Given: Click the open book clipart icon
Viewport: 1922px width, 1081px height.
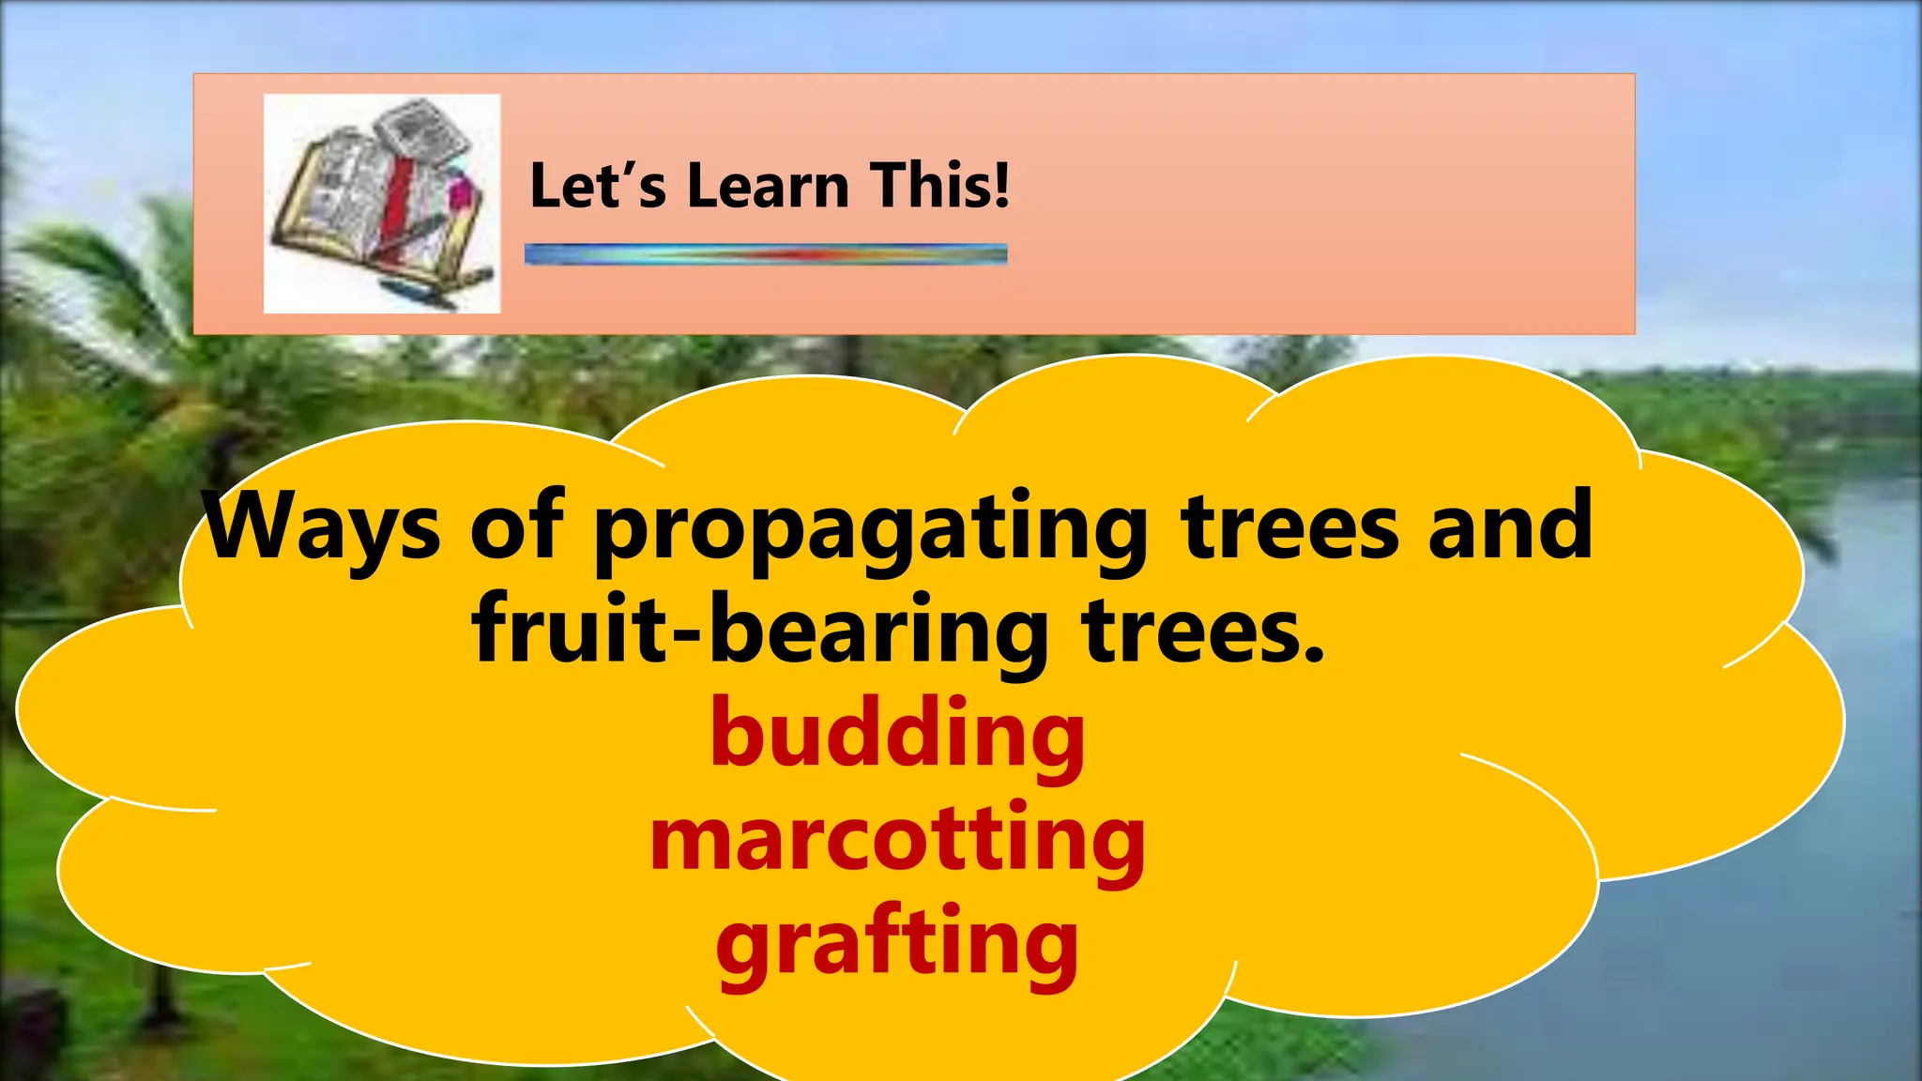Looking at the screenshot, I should (381, 204).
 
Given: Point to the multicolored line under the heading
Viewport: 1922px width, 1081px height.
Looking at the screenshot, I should (766, 253).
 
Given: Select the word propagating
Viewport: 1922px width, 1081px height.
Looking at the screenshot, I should (871, 530).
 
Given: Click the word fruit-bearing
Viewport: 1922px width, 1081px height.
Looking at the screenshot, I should (760, 631).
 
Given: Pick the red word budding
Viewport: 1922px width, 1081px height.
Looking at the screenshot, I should (897, 734).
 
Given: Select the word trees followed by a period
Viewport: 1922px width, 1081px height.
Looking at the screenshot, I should (1192, 631).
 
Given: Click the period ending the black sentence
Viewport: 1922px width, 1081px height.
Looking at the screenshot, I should (1314, 653).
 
